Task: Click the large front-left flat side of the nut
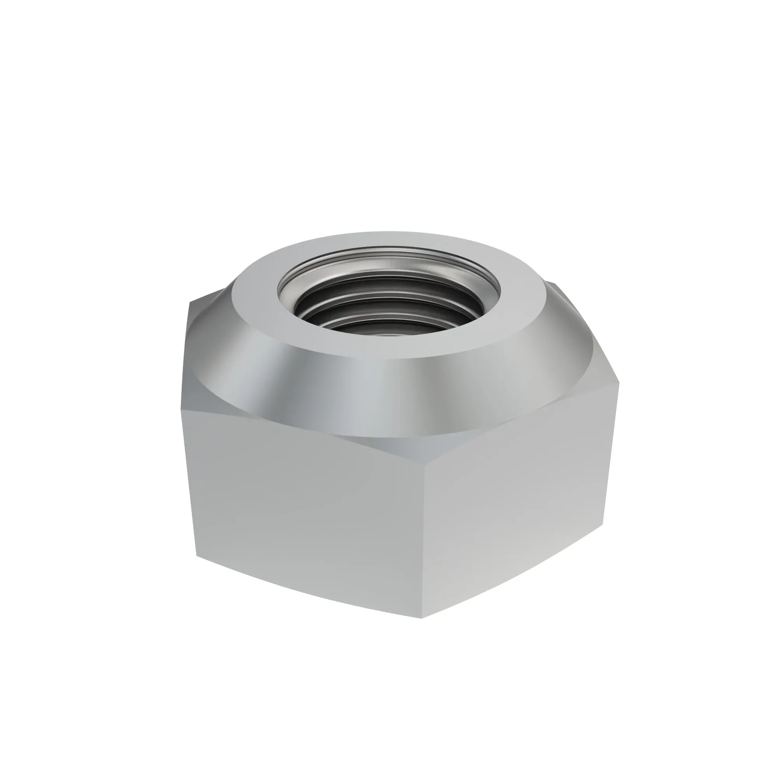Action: click(x=306, y=524)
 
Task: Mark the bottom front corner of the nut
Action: click(x=421, y=618)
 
